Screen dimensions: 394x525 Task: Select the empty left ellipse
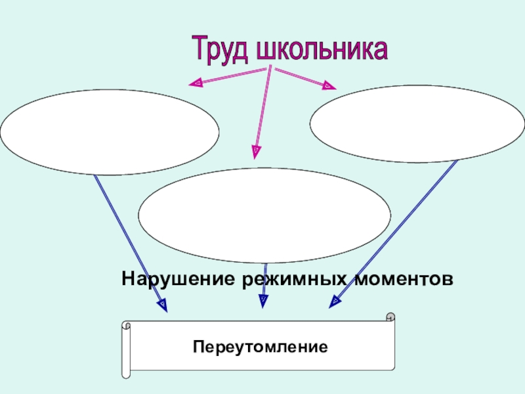pyautogui.click(x=110, y=132)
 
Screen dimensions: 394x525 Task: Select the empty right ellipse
pyautogui.click(x=417, y=124)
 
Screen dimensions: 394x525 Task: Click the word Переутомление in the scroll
pyautogui.click(x=260, y=345)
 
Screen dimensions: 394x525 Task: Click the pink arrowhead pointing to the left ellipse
pyautogui.click(x=196, y=83)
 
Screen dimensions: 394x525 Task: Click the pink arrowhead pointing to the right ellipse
pyautogui.click(x=328, y=85)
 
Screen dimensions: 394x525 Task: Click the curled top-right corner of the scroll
pyautogui.click(x=390, y=318)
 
